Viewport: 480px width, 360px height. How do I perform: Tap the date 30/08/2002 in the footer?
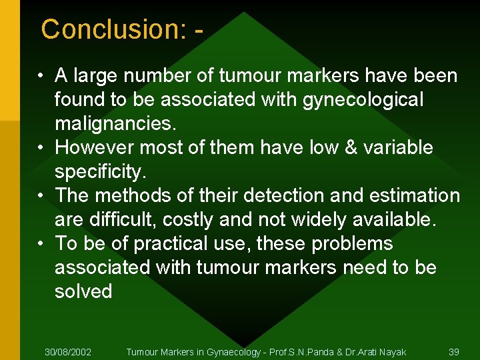[x=68, y=351]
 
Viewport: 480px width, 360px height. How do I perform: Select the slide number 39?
[x=454, y=351]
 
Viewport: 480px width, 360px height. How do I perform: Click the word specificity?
[x=99, y=171]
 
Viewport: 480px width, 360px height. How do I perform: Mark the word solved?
[x=83, y=291]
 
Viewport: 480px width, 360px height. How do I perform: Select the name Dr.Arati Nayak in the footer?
[x=375, y=351]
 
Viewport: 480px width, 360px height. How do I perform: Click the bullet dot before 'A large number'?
[x=41, y=76]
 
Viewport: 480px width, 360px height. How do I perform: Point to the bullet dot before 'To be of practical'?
[x=41, y=244]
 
